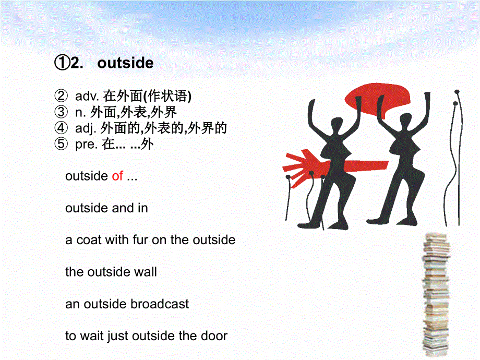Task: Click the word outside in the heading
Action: (x=125, y=64)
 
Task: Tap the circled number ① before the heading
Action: (x=62, y=64)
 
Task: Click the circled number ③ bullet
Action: (x=61, y=112)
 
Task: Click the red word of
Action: (x=117, y=176)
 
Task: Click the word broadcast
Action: (x=160, y=304)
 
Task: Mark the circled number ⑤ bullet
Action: (x=61, y=145)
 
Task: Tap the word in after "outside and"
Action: (x=143, y=208)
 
